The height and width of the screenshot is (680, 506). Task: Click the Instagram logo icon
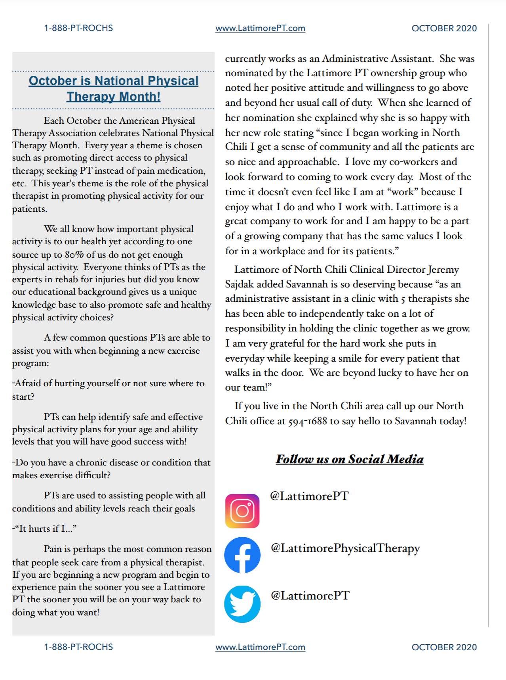[x=242, y=511]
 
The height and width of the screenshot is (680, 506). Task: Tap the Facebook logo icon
[x=242, y=555]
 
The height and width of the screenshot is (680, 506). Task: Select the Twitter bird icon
[x=242, y=603]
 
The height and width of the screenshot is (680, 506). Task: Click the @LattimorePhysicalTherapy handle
[x=345, y=548]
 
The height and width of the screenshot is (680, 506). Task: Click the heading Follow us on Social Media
[x=350, y=459]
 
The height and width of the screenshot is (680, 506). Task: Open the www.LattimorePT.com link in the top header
[x=260, y=28]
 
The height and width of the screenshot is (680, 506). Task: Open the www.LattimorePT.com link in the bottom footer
[x=260, y=647]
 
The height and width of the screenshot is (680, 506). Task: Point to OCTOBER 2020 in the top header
[x=444, y=28]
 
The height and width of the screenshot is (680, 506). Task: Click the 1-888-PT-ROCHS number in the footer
[x=78, y=647]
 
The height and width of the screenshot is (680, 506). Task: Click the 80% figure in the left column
[x=74, y=255]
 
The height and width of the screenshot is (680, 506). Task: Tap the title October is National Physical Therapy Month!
[x=114, y=88]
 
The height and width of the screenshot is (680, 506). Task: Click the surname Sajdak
[x=240, y=284]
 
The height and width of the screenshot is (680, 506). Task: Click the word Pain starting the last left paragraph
[x=53, y=549]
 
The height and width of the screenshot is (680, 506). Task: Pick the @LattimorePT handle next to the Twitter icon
[x=310, y=596]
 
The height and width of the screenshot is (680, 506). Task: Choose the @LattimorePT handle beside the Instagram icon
[x=309, y=496]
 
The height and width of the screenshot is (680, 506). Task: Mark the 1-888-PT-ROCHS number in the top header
[x=78, y=28]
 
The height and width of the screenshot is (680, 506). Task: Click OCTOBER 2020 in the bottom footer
[x=444, y=647]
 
